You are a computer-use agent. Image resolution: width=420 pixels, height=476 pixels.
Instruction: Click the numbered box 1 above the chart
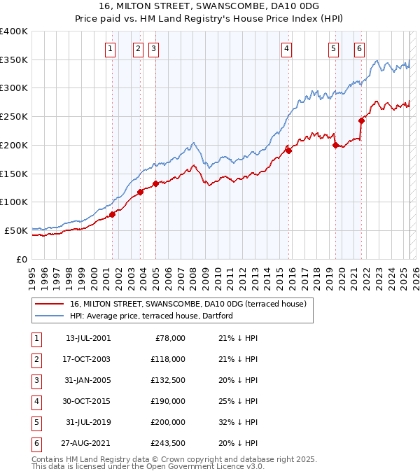pos(111,48)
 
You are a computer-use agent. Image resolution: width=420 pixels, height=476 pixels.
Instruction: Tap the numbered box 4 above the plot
pos(287,48)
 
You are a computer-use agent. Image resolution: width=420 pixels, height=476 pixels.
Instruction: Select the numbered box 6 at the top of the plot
pos(359,48)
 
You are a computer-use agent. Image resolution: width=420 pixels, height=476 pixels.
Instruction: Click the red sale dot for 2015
pos(288,150)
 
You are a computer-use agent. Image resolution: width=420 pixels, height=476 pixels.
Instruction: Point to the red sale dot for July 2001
pos(112,214)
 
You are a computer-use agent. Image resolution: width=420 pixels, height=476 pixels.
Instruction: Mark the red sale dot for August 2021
pos(362,120)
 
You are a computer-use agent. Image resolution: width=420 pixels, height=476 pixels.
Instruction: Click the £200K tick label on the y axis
pos(14,145)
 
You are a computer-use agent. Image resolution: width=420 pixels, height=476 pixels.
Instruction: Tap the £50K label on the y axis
pos(16,230)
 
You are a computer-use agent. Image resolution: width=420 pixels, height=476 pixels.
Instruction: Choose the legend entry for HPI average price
pos(151,316)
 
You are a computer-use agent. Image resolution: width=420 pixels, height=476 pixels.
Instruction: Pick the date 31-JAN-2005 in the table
pos(87,380)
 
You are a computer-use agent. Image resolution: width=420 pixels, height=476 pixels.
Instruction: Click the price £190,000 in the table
pos(168,401)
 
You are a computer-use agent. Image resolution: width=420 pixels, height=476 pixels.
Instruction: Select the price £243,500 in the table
pos(168,443)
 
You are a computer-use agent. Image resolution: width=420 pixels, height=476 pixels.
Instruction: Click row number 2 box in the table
pos(36,359)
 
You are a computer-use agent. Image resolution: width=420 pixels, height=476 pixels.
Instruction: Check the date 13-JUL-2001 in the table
pos(87,338)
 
